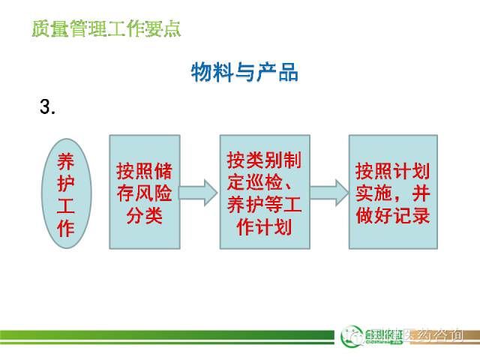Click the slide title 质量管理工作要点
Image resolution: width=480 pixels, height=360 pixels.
coord(106,31)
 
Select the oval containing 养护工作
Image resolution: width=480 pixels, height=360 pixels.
coord(66,193)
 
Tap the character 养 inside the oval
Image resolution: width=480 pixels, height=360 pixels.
coord(66,161)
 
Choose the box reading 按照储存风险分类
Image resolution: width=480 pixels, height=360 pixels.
coord(145,192)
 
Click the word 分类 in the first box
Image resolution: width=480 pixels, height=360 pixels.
coord(145,216)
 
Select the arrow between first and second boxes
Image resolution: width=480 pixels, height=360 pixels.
coord(199,192)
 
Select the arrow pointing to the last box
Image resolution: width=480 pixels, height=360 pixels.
coord(328,192)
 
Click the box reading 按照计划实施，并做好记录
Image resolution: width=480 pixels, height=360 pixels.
coord(393,192)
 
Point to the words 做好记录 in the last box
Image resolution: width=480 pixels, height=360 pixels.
coord(393,215)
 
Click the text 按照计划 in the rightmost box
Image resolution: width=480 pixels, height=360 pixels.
coord(393,168)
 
